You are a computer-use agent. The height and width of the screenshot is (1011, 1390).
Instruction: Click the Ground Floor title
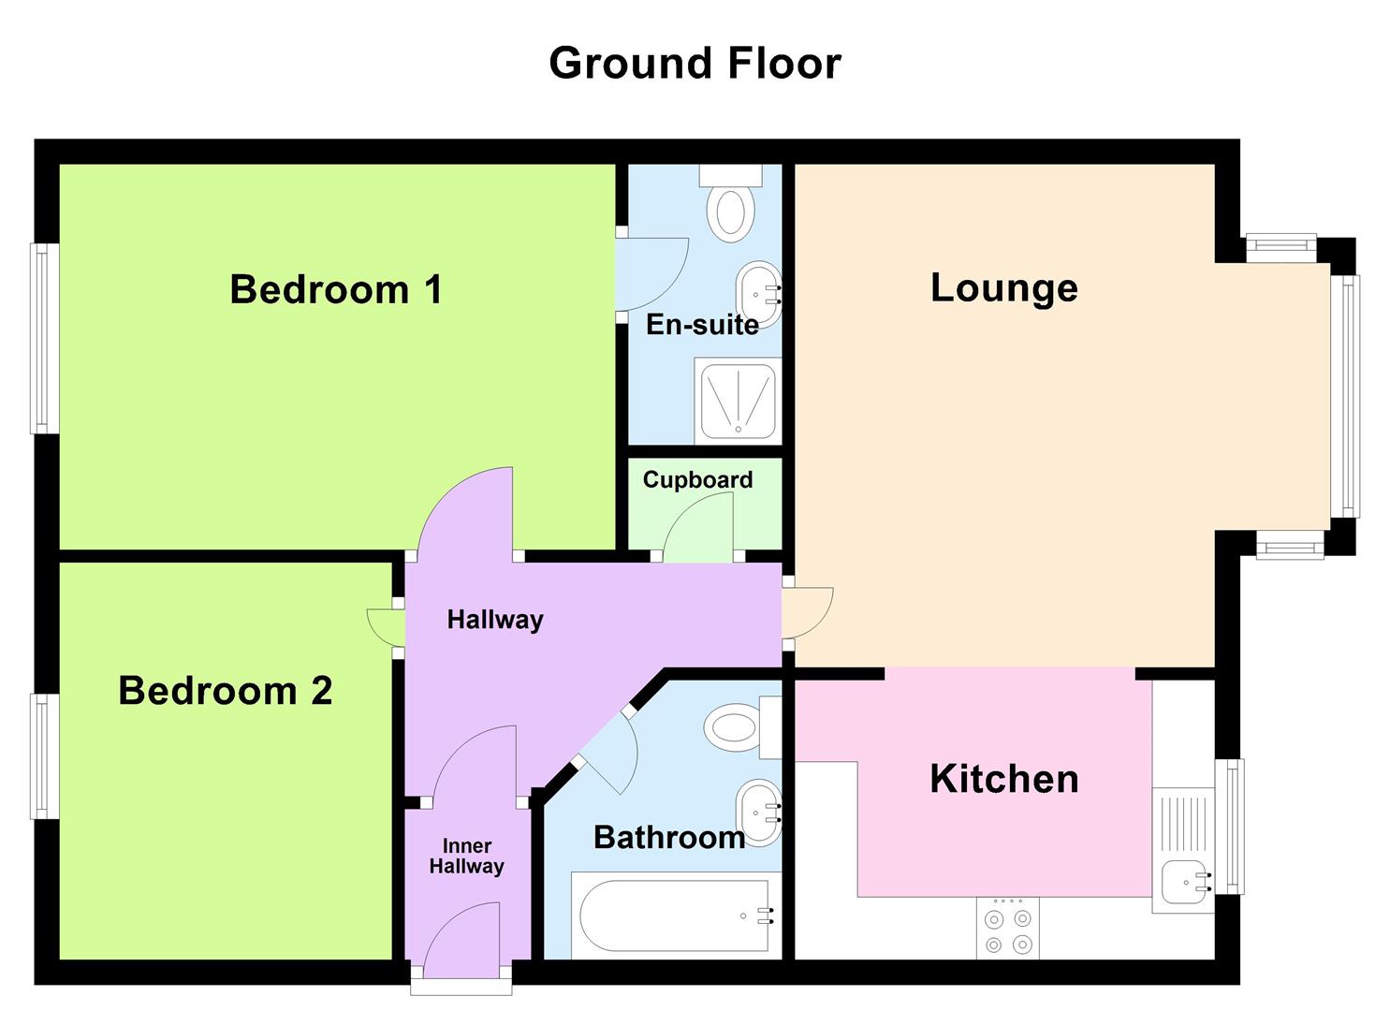[x=695, y=64]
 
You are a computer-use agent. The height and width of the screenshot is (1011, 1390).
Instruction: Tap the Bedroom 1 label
[x=335, y=289]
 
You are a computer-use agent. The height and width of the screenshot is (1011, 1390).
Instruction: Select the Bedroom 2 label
[x=225, y=691]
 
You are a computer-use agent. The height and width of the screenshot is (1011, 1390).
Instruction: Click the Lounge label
[x=1003, y=287]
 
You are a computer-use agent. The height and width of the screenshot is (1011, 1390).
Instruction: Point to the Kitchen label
[x=1003, y=779]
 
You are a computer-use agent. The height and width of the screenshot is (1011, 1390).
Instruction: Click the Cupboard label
[x=697, y=480]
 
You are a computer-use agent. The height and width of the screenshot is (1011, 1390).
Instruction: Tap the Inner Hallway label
[x=466, y=857]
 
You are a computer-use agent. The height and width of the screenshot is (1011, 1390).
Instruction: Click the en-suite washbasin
[x=758, y=294]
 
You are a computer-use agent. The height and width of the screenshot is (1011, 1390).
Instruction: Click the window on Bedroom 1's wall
[x=45, y=339]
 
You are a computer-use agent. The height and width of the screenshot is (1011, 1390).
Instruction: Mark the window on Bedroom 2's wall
[x=45, y=756]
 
